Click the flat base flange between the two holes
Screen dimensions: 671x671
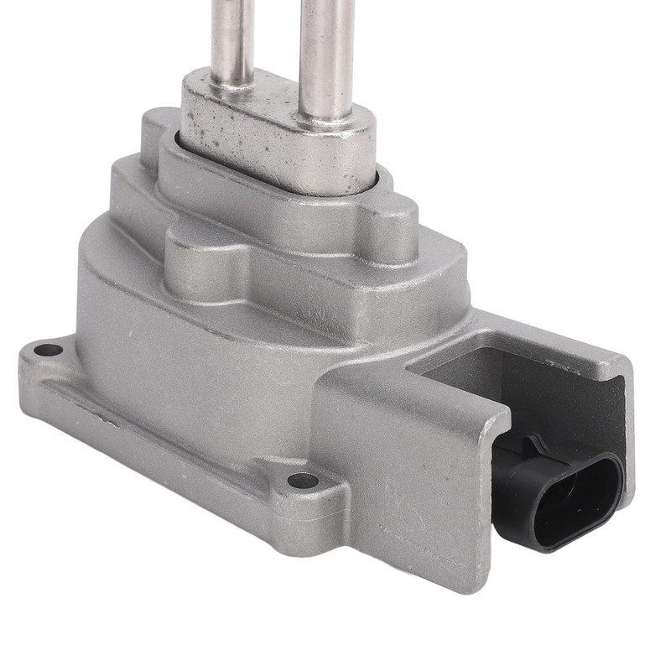168,419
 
